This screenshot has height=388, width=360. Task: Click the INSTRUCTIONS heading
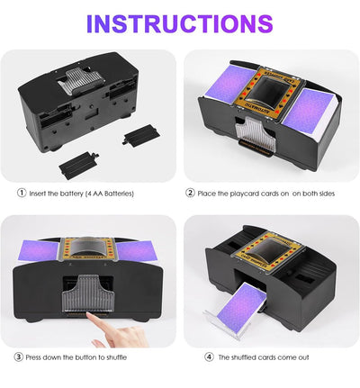(x=179, y=23)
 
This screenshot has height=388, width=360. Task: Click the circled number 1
(x=22, y=193)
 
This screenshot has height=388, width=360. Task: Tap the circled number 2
(x=190, y=193)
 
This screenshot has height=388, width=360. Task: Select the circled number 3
(x=19, y=356)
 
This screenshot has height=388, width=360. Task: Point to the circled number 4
(x=209, y=356)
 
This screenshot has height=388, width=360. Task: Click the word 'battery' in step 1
(x=71, y=194)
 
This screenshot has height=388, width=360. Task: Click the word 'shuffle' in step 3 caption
(x=116, y=357)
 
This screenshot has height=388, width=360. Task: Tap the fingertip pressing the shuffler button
(x=89, y=314)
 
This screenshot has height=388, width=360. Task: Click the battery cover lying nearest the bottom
(x=78, y=165)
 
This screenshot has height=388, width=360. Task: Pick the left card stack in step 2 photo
(x=229, y=82)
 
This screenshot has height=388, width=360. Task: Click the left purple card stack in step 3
(x=38, y=251)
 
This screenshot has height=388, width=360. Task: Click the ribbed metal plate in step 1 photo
(x=81, y=80)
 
